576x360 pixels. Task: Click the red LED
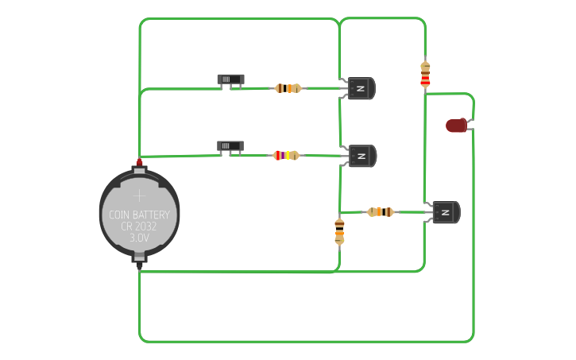(457, 126)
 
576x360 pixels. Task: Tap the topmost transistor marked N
(361, 88)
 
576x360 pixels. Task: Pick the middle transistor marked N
(362, 156)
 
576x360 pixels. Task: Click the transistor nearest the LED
(446, 212)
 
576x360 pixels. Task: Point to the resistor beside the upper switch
(288, 88)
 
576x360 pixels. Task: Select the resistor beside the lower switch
(286, 156)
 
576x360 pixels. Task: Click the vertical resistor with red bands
(425, 75)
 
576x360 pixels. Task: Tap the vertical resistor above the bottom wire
(339, 231)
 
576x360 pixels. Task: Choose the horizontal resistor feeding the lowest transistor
(381, 212)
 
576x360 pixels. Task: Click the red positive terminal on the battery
(139, 162)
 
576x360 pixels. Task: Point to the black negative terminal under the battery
(139, 265)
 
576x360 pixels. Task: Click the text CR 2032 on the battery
(139, 226)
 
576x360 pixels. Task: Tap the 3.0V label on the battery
(139, 238)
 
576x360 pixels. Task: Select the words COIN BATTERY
(139, 215)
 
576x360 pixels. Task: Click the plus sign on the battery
(139, 195)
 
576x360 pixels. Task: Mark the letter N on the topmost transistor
(361, 88)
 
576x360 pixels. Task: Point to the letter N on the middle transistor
(361, 157)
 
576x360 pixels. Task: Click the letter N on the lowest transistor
(445, 212)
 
